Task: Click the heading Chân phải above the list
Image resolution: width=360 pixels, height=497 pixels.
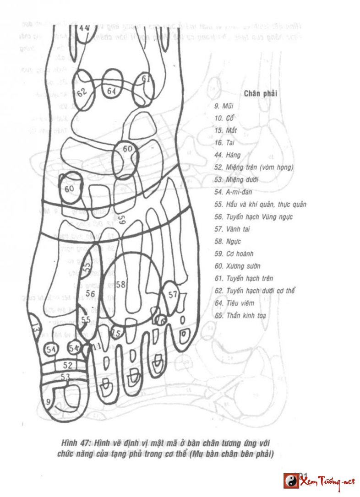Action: click(261, 94)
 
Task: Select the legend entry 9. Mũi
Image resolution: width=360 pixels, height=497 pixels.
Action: click(224, 106)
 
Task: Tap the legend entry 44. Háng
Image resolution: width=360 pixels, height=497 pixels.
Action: click(227, 155)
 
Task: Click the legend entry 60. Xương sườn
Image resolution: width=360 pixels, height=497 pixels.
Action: click(237, 266)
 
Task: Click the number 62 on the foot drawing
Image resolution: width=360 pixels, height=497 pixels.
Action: click(82, 92)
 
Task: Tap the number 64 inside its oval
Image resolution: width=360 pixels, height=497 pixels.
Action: click(111, 91)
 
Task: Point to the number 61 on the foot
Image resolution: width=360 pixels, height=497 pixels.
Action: click(146, 79)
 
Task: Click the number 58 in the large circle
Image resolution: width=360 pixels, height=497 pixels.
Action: click(120, 285)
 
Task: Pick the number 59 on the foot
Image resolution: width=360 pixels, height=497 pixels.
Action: click(121, 220)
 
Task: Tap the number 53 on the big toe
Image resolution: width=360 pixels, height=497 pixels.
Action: click(66, 377)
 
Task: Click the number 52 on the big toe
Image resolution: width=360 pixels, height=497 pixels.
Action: click(67, 365)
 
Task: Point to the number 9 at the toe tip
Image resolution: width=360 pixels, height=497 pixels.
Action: click(48, 402)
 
